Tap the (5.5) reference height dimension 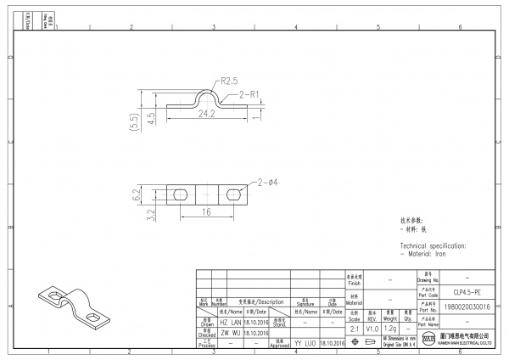coord(134,121)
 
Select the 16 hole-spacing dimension coord(206,211)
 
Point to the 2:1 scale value coord(354,328)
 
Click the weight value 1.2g coord(390,328)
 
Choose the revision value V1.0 coord(372,328)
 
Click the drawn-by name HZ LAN coord(230,323)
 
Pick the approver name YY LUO coord(305,343)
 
